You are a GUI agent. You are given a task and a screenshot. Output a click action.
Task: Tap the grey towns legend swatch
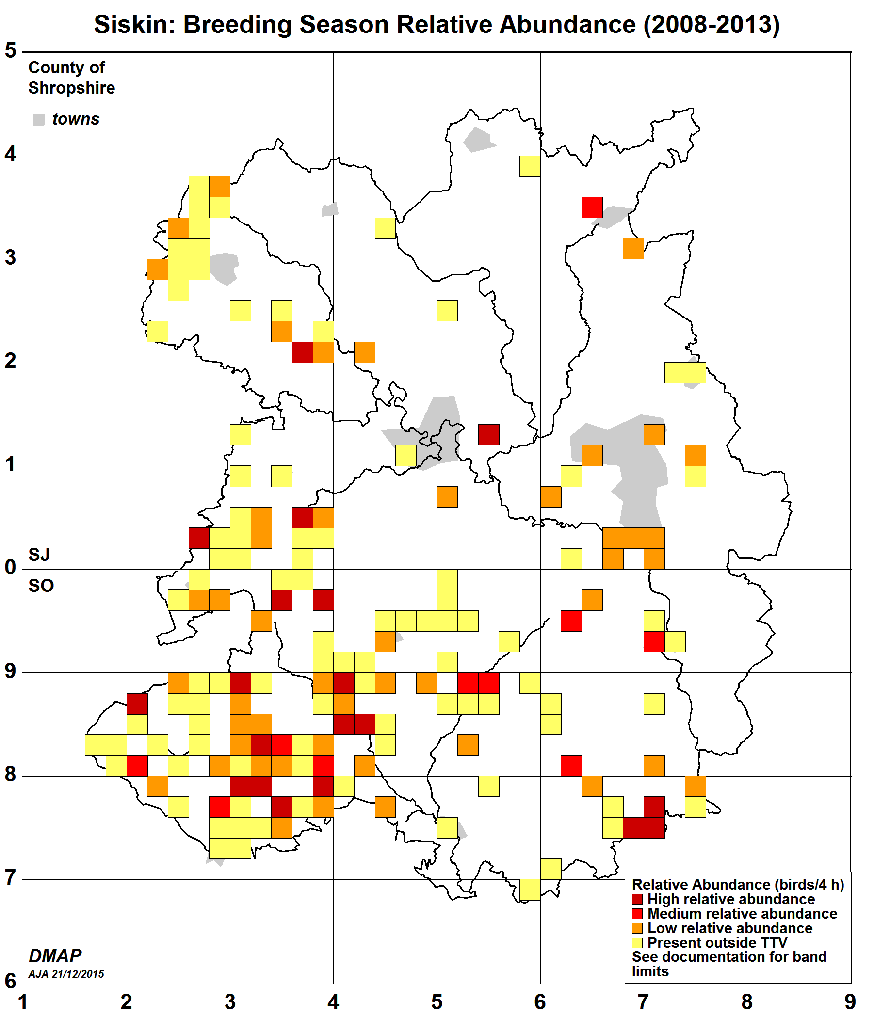pyautogui.click(x=39, y=119)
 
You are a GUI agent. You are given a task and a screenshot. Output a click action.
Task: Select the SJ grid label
pyautogui.click(x=39, y=555)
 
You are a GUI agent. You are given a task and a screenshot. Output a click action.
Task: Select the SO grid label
pyautogui.click(x=41, y=586)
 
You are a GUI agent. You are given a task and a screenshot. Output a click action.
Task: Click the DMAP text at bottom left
pyautogui.click(x=55, y=956)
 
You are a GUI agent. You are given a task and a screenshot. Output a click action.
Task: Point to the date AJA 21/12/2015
pyautogui.click(x=66, y=974)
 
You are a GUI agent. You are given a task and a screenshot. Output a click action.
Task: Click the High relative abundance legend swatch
pyautogui.click(x=637, y=899)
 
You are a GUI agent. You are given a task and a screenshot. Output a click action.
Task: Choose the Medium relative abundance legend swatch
pyautogui.click(x=637, y=914)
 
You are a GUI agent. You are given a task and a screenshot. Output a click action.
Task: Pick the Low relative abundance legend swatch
pyautogui.click(x=637, y=928)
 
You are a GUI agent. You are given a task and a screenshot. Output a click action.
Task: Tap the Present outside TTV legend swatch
pyautogui.click(x=637, y=942)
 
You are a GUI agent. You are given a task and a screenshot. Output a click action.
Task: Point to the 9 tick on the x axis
pyautogui.click(x=850, y=1002)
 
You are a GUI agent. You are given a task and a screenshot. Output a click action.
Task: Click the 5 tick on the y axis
pyautogui.click(x=11, y=51)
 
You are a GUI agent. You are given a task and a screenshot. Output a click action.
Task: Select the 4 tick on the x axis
pyautogui.click(x=333, y=1002)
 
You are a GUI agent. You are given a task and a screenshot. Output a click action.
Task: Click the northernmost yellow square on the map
pyautogui.click(x=530, y=166)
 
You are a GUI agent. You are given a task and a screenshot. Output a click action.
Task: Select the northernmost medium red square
pyautogui.click(x=592, y=207)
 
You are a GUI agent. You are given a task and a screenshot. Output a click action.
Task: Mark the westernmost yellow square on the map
pyautogui.click(x=95, y=745)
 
